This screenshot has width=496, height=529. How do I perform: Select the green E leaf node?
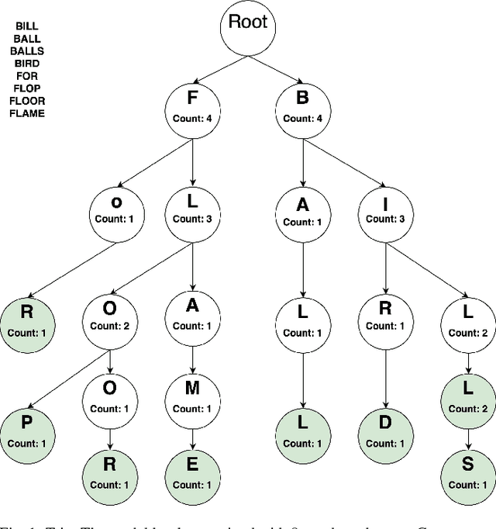[x=193, y=474]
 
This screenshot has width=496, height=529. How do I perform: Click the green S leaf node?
[x=467, y=474]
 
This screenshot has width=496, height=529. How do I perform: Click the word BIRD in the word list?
[x=27, y=63]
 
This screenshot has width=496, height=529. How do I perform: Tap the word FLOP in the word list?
[x=27, y=88]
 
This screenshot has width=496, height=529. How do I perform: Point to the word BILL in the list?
[x=27, y=26]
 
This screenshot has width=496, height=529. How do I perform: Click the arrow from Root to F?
[x=215, y=67]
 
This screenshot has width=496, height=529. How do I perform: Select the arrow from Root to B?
[x=281, y=67]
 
